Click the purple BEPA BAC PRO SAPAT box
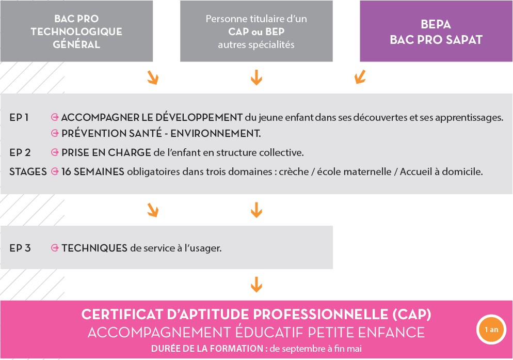[x=436, y=31]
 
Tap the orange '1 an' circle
[x=491, y=330]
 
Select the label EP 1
[x=19, y=117]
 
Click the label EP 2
[x=20, y=153]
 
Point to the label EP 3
[x=20, y=248]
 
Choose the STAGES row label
[x=28, y=171]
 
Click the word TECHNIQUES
[x=94, y=248]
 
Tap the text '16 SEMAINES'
[x=92, y=171]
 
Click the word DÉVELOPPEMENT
[x=199, y=117]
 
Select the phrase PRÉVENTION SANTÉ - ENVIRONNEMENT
[x=161, y=133]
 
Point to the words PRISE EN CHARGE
[x=106, y=153]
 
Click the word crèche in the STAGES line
[x=294, y=171]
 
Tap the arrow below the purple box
[x=360, y=77]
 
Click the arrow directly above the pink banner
[x=256, y=284]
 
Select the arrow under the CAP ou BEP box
[x=256, y=77]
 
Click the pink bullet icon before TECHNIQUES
[x=55, y=248]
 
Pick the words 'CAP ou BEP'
[x=256, y=32]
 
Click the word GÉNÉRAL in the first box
[x=76, y=44]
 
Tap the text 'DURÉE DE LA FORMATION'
[x=207, y=349]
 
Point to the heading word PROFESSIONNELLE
[x=320, y=315]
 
